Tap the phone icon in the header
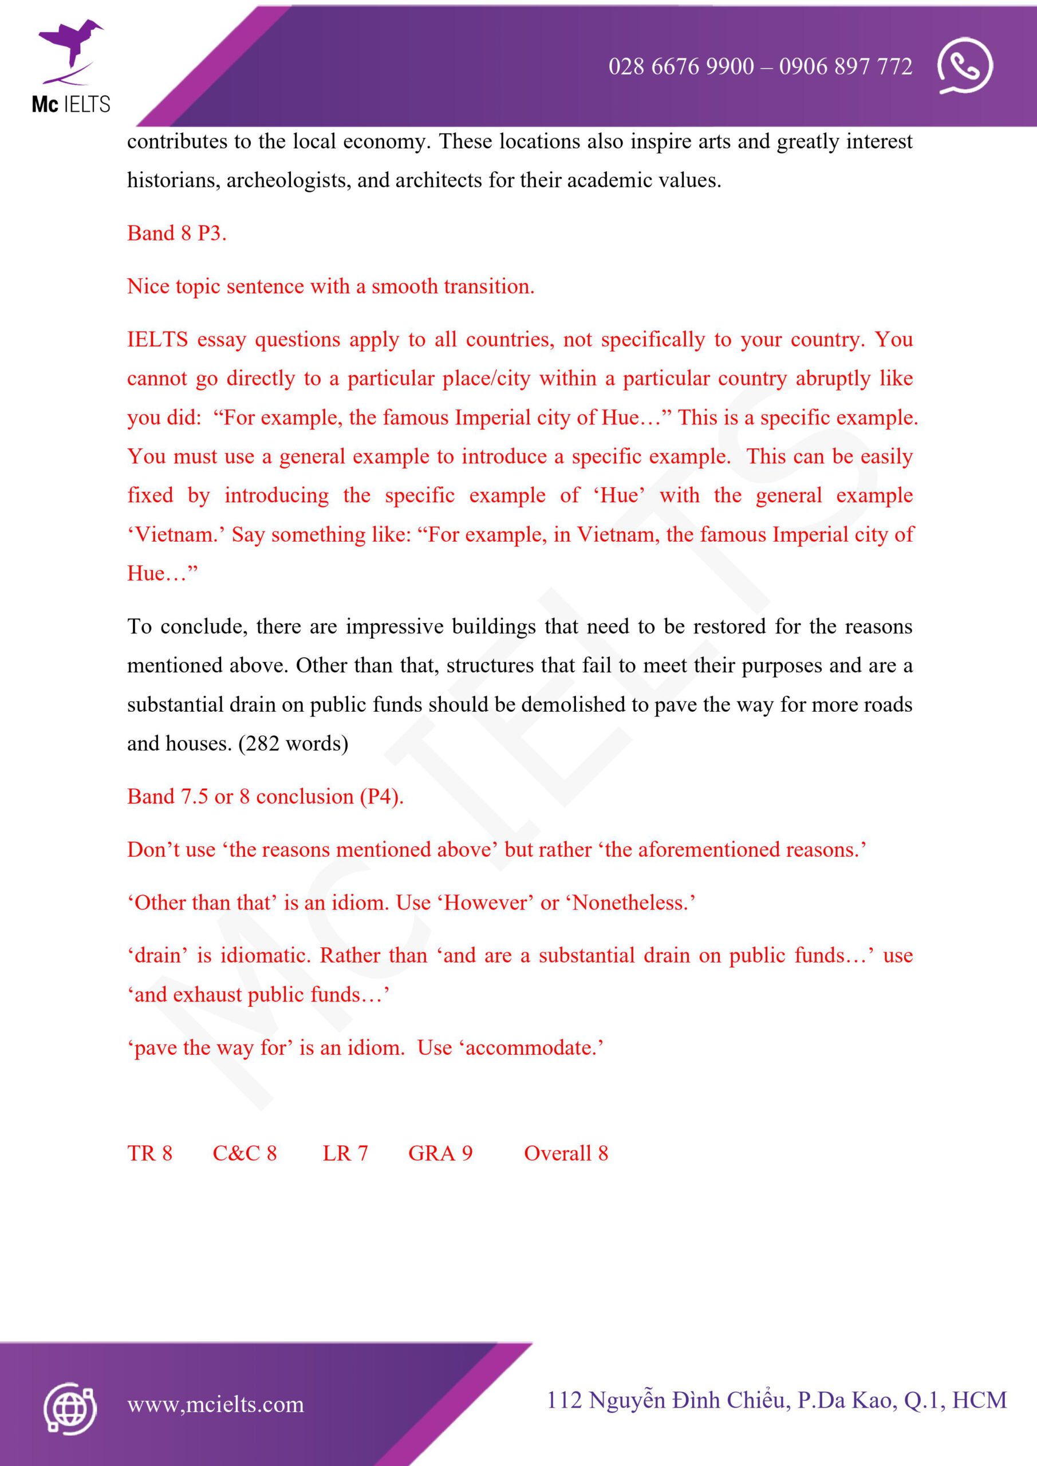[x=964, y=66]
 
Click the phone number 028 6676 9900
[x=681, y=66]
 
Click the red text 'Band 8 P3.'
[x=177, y=233]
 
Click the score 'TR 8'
[x=149, y=1153]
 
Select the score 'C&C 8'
[x=245, y=1153]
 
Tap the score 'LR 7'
[x=345, y=1153]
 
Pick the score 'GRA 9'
[x=440, y=1153]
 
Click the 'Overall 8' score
[x=566, y=1153]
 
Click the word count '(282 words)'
[x=293, y=743]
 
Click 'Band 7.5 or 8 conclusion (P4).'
[x=265, y=797]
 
